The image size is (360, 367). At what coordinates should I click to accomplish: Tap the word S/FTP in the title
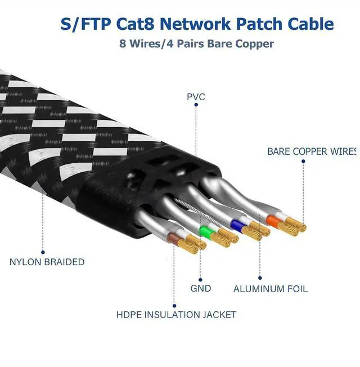[83, 24]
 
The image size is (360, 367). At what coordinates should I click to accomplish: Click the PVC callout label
[196, 97]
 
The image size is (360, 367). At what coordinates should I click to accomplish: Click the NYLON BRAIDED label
[47, 262]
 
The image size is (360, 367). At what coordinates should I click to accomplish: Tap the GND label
[201, 288]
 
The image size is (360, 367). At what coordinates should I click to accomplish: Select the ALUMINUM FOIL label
[271, 289]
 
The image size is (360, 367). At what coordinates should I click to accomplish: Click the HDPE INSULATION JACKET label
[176, 315]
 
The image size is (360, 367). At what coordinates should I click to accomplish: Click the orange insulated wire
[274, 220]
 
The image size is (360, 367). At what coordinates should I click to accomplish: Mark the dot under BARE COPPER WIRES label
[303, 162]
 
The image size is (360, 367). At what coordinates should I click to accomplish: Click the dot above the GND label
[200, 278]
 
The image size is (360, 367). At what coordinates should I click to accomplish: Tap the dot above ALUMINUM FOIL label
[260, 278]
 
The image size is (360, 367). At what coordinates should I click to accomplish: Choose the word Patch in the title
[268, 24]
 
